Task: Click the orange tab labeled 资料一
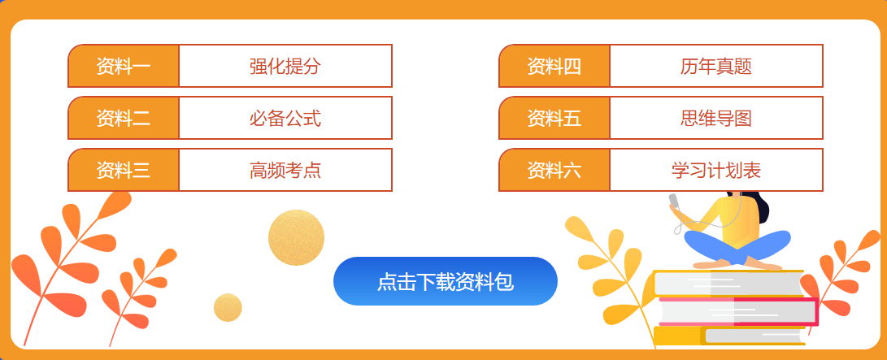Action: tap(124, 66)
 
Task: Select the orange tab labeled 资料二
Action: tap(124, 118)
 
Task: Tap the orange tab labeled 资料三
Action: tap(124, 170)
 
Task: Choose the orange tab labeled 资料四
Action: tap(554, 66)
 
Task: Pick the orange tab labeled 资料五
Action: tap(554, 118)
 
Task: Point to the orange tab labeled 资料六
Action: tap(554, 170)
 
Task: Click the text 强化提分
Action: tap(285, 66)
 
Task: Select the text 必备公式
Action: tap(285, 118)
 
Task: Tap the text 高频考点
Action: tap(285, 170)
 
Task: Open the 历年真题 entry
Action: tap(716, 66)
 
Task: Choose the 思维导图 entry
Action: tap(716, 118)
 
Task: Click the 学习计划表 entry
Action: tap(716, 170)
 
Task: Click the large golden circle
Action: tap(296, 237)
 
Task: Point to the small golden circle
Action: tap(228, 307)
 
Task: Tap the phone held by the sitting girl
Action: tap(674, 201)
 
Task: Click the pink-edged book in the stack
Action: tap(736, 311)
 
